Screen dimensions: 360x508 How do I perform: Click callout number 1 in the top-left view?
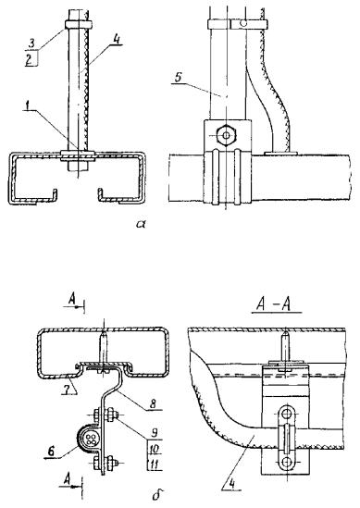pyautogui.click(x=29, y=105)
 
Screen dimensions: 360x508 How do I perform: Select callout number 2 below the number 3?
pyautogui.click(x=29, y=60)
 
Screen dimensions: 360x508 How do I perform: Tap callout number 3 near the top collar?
pyautogui.click(x=31, y=44)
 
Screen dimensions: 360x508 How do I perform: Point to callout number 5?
pyautogui.click(x=178, y=78)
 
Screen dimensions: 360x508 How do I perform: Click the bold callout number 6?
pyautogui.click(x=52, y=452)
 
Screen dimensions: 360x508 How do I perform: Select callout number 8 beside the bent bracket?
pyautogui.click(x=153, y=403)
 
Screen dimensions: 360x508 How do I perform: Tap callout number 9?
pyautogui.click(x=155, y=433)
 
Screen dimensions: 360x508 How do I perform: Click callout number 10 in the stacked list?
pyautogui.click(x=154, y=449)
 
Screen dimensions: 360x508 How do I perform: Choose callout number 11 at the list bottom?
pyautogui.click(x=154, y=465)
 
